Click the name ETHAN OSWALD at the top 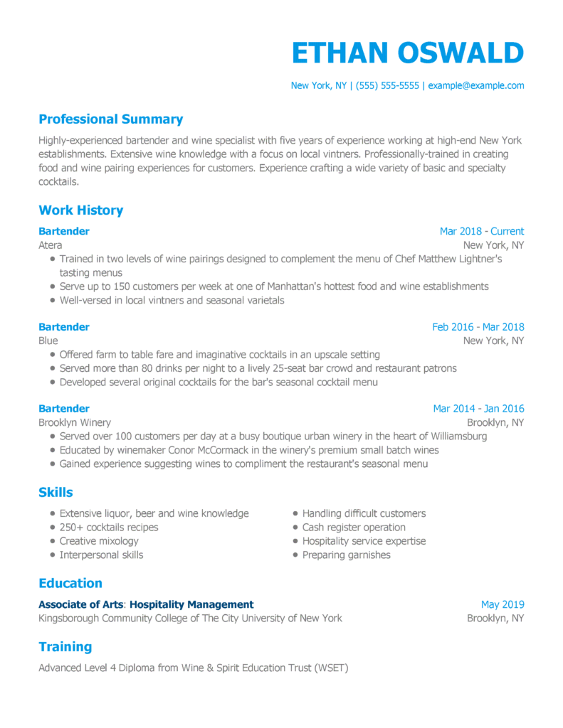(407, 53)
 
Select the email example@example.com (476, 85)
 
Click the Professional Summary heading (110, 119)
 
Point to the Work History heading (80, 210)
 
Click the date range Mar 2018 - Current (481, 231)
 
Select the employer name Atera (50, 245)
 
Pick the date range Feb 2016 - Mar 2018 (478, 327)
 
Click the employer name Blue (48, 341)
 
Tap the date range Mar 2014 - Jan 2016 (478, 409)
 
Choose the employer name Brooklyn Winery (75, 423)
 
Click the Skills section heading (56, 492)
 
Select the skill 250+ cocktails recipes (109, 528)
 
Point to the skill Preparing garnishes (346, 555)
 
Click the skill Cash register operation (354, 528)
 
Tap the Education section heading (70, 584)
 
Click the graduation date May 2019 (502, 605)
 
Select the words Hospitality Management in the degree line (191, 605)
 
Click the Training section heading (65, 647)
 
